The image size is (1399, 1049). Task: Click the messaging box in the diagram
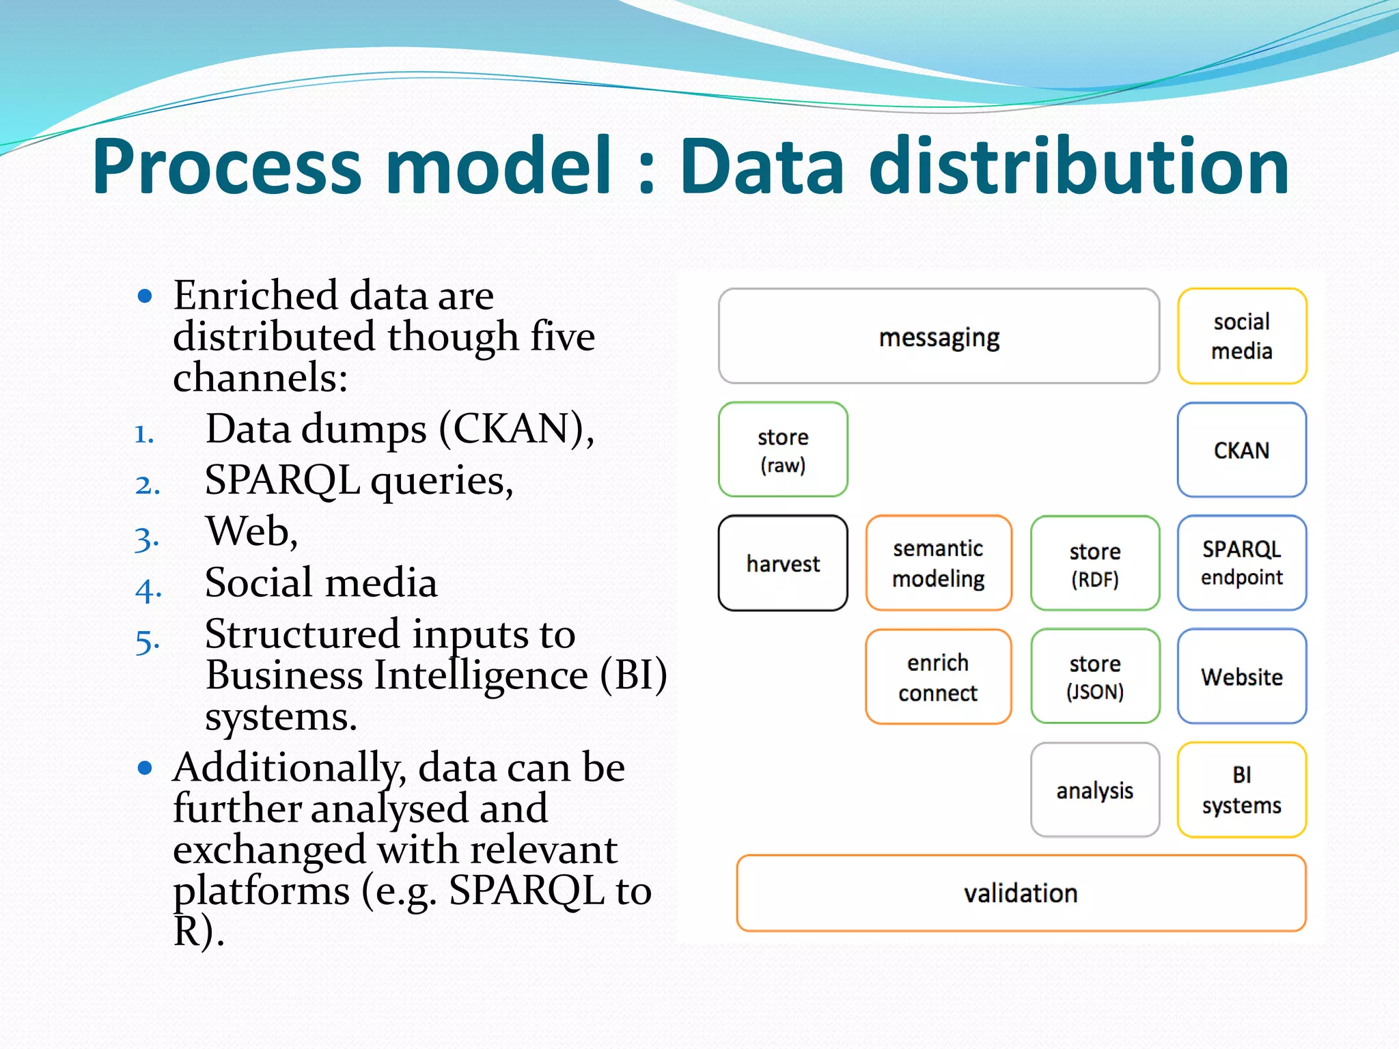[x=939, y=336]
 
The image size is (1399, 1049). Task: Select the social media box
[x=1241, y=336]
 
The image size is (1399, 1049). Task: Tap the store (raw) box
[x=783, y=449]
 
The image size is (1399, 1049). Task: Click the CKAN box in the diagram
[x=1241, y=449]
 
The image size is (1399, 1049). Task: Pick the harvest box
[x=783, y=563]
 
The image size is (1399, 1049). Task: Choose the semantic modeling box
[x=938, y=563]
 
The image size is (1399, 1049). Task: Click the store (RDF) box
[x=1094, y=563]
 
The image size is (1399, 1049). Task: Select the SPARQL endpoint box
[x=1241, y=563]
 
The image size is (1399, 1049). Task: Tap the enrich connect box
[x=938, y=676]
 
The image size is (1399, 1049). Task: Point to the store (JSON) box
[x=1094, y=676]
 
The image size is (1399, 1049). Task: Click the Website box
[x=1241, y=676]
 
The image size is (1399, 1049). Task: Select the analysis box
[x=1094, y=789]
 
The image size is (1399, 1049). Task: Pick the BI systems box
[x=1241, y=789]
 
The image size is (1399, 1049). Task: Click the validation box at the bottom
[x=1021, y=893]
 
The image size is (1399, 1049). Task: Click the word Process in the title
[x=227, y=167]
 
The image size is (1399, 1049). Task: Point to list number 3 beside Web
[x=146, y=539]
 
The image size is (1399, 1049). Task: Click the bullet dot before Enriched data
[x=144, y=296]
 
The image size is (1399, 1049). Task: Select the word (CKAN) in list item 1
[x=516, y=429]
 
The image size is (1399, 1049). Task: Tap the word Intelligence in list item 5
[x=482, y=675]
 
